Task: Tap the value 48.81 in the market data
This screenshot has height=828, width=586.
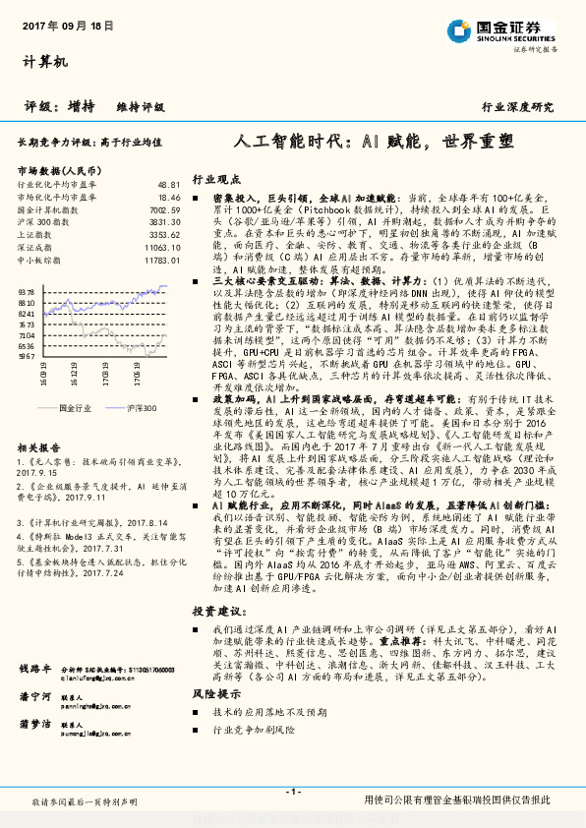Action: (x=168, y=185)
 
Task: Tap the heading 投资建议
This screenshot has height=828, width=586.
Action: (x=215, y=611)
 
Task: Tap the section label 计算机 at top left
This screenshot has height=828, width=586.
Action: (x=45, y=62)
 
